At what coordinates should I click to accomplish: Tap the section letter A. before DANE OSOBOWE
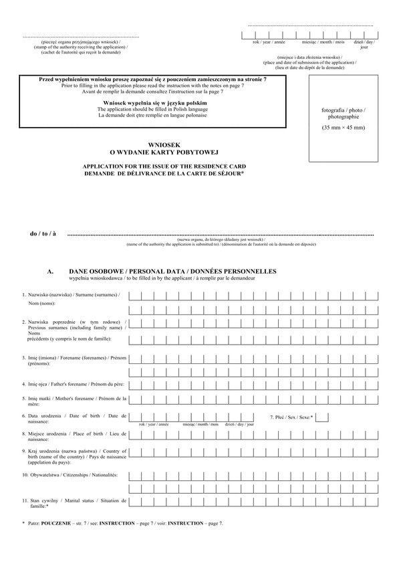tap(50, 272)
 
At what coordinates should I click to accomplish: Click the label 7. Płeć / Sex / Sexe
tap(291, 417)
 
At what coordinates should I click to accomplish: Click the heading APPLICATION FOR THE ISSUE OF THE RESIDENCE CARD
tap(163, 165)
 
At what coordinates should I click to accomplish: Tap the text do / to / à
tap(43, 234)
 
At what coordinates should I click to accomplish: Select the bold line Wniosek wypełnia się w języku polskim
tap(151, 103)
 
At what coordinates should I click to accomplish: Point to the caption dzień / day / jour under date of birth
tap(239, 425)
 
